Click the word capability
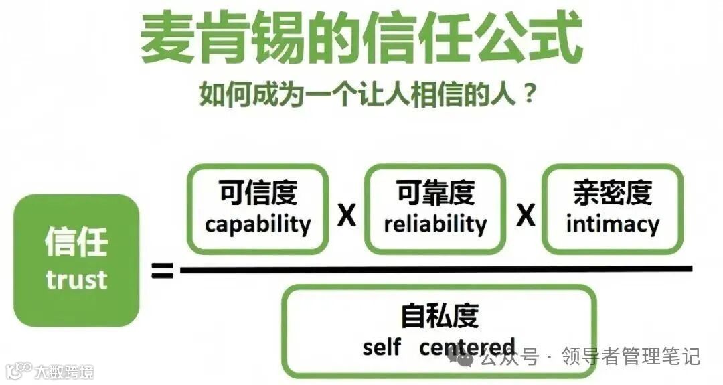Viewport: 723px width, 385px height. click(258, 224)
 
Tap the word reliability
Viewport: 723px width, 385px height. click(435, 224)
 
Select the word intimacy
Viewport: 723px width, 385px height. click(613, 224)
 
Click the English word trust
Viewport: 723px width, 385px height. click(76, 279)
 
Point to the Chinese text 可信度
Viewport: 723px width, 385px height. click(258, 194)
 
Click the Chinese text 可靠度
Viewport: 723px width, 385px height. click(435, 194)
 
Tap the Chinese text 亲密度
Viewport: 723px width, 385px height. click(613, 194)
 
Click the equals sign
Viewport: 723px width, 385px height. click(161, 271)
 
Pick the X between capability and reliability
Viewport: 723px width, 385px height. click(346, 216)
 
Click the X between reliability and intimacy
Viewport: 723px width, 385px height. click(526, 216)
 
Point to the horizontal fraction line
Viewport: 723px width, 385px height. click(435, 269)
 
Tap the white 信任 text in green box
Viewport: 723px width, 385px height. click(76, 241)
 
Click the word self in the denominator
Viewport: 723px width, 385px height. click(382, 348)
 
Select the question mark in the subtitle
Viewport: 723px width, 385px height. click(528, 94)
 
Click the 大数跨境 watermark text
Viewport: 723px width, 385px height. click(64, 371)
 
